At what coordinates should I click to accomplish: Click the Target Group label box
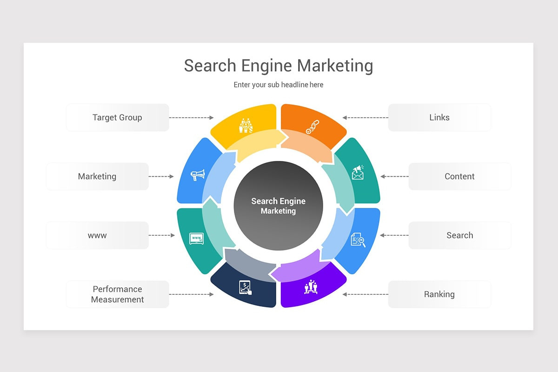pyautogui.click(x=117, y=118)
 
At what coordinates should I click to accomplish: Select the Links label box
pyautogui.click(x=439, y=118)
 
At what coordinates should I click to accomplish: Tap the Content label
pyautogui.click(x=459, y=176)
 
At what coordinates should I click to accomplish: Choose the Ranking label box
pyautogui.click(x=439, y=294)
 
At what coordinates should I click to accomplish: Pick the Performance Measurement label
pyautogui.click(x=117, y=294)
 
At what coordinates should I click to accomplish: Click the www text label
pyautogui.click(x=97, y=235)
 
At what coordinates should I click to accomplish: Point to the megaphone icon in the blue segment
pyautogui.click(x=198, y=175)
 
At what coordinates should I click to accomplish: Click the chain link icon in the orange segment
pyautogui.click(x=312, y=127)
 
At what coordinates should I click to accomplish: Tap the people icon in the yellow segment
pyautogui.click(x=245, y=126)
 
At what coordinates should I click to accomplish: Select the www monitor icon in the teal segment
pyautogui.click(x=196, y=239)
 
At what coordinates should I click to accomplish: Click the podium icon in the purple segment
pyautogui.click(x=311, y=286)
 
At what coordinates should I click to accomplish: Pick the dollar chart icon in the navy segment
pyautogui.click(x=245, y=287)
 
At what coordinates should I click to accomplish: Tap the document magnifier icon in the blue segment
pyautogui.click(x=358, y=239)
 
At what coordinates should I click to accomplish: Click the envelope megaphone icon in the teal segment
pyautogui.click(x=358, y=173)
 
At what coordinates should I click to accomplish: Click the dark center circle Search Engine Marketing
pyautogui.click(x=278, y=206)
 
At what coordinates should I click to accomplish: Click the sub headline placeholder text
pyautogui.click(x=278, y=85)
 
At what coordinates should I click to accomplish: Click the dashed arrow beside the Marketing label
pyautogui.click(x=161, y=177)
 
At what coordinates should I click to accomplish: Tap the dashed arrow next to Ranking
pyautogui.click(x=365, y=294)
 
